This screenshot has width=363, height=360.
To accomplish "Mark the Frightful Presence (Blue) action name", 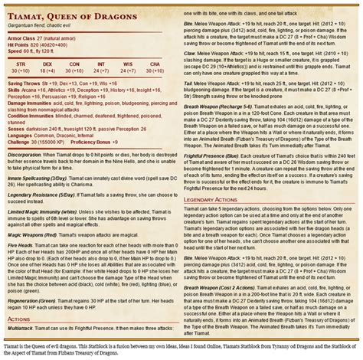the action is (214, 153).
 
